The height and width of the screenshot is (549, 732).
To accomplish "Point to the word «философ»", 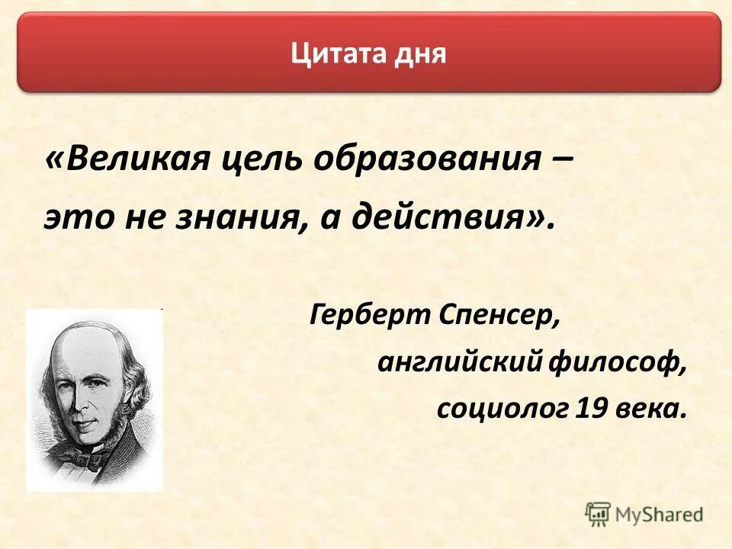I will (x=618, y=363).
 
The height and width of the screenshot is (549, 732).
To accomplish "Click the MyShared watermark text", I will (x=659, y=515).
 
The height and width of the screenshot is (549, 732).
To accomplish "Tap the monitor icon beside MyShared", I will (x=599, y=514).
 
